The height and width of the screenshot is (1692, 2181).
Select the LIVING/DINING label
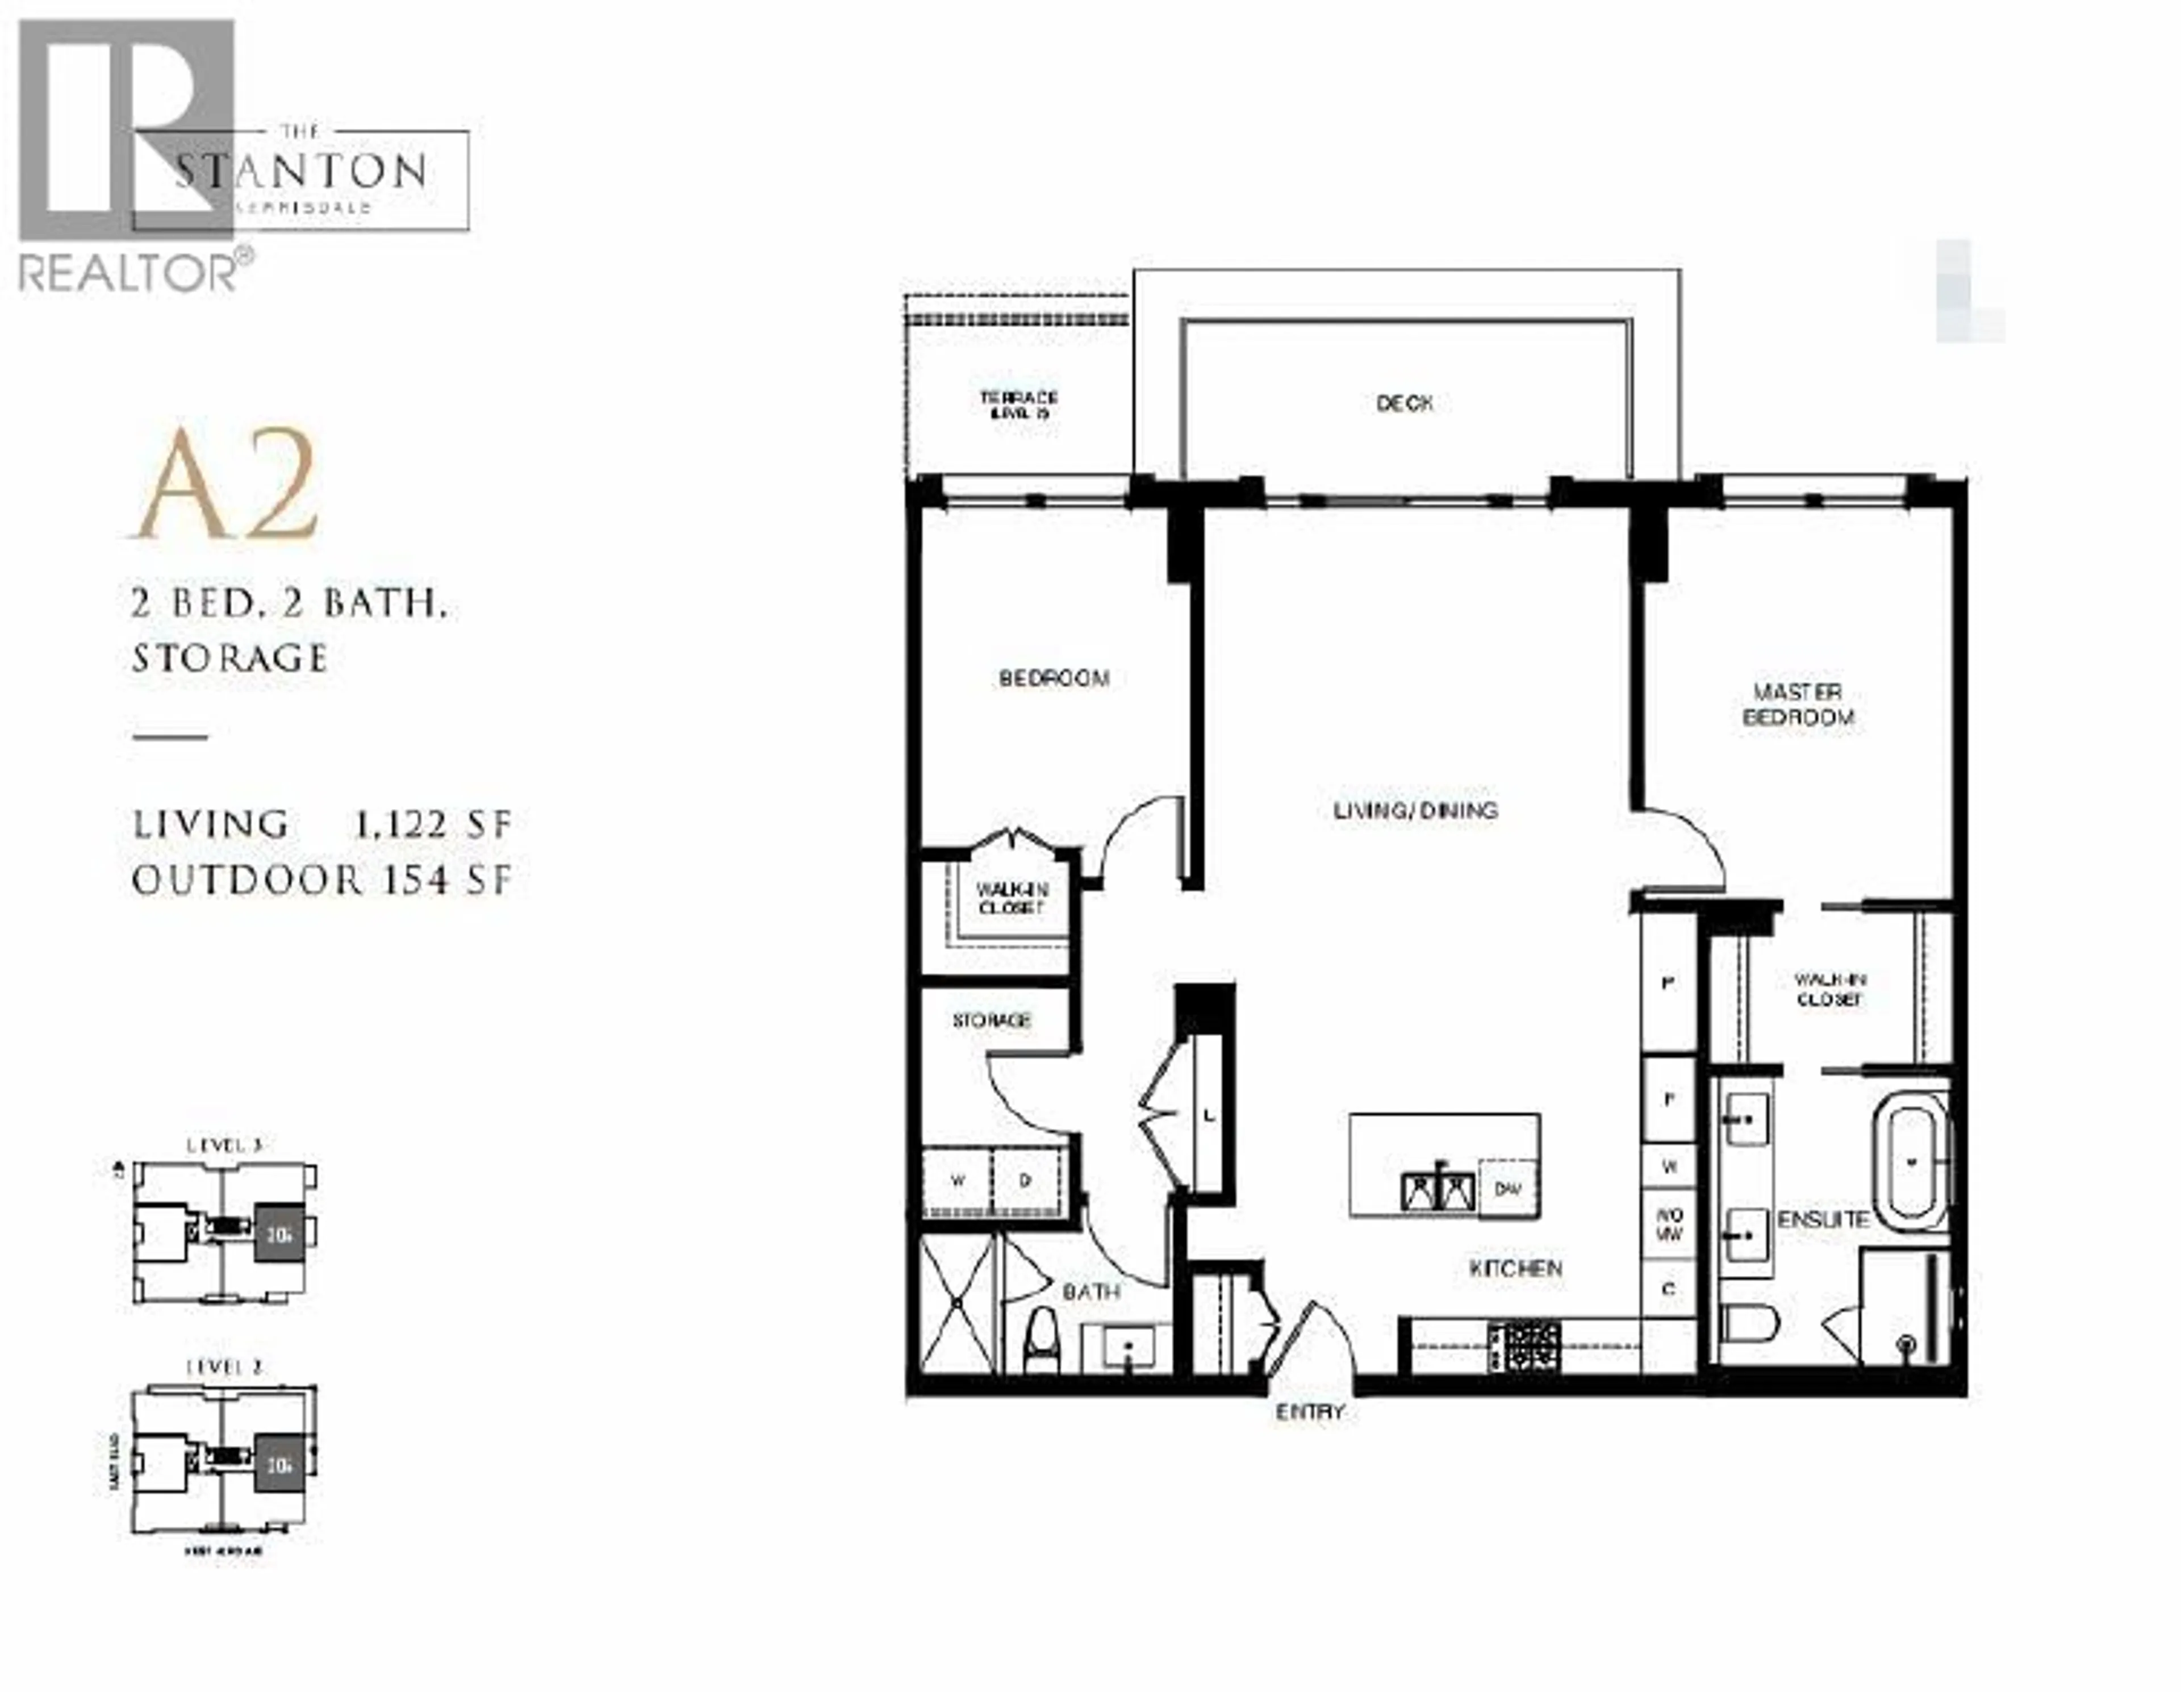1415,810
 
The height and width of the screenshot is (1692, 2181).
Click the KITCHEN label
1515,1269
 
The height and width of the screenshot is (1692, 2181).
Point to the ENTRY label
1310,1411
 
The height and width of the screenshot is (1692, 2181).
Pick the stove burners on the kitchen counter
1524,1345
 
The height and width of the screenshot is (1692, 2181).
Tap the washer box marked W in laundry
956,1182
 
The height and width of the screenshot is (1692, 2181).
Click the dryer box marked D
1026,1182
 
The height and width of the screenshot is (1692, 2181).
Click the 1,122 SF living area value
432,825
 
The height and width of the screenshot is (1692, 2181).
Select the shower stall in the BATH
956,1303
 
